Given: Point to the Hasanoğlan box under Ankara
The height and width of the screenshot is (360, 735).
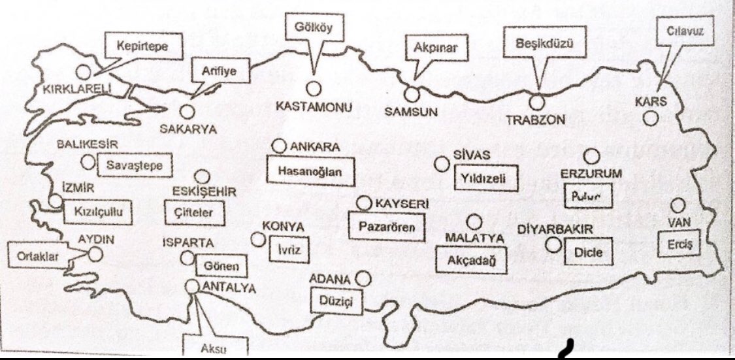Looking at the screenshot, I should pos(305,172).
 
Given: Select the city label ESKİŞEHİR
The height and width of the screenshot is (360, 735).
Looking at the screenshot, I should pos(203,191).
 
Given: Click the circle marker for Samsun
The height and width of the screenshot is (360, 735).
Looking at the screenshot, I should pos(412,93).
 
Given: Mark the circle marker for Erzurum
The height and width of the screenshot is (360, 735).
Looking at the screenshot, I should pos(592,155).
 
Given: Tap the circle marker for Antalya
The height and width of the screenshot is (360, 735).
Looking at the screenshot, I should pos(192,286).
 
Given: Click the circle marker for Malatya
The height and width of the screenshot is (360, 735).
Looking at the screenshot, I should pos(474,221).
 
